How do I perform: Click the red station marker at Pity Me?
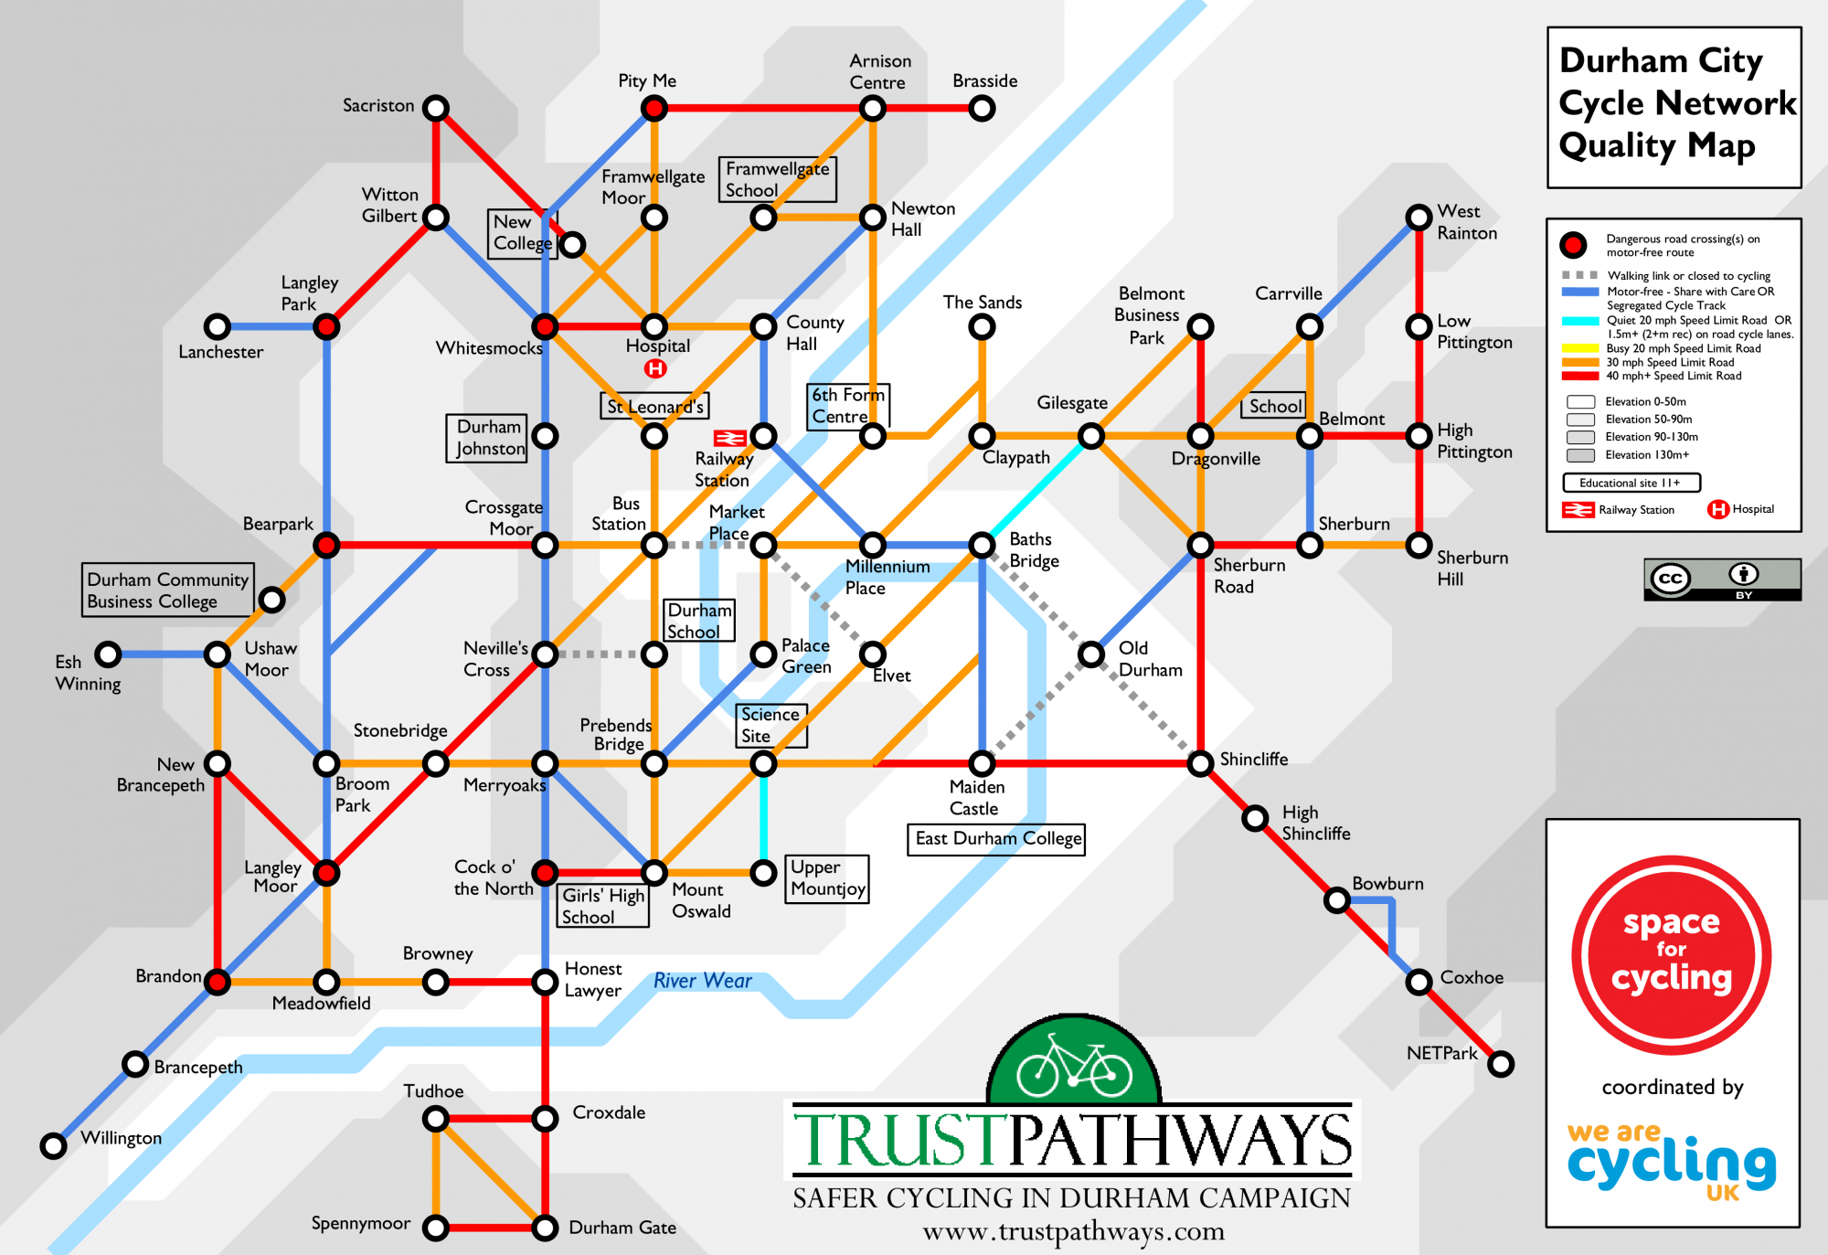pos(654,109)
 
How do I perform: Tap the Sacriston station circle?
pos(436,108)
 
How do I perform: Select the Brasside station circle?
pos(982,109)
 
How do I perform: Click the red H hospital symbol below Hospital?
pos(655,368)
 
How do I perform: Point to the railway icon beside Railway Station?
pos(729,439)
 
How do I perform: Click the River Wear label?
pos(702,981)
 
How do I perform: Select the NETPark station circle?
pos(1501,1064)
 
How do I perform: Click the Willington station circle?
pos(54,1145)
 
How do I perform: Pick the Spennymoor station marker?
pos(436,1228)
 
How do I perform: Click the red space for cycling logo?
pos(1672,955)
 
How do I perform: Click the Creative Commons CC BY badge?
pos(1722,580)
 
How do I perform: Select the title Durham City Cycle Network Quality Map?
pos(1674,103)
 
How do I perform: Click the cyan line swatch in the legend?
pos(1580,321)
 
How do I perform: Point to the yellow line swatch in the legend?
pos(1580,348)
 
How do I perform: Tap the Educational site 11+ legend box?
pos(1631,483)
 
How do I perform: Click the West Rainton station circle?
pos(1419,218)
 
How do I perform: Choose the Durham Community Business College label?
pos(167,590)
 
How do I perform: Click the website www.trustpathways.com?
pos(1073,1231)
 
